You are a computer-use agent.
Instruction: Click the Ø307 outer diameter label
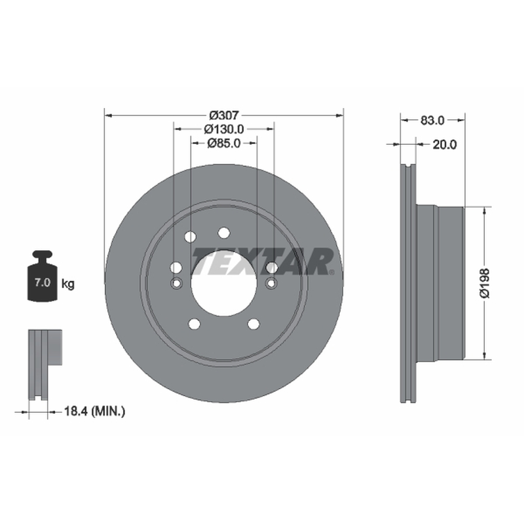pos(224,115)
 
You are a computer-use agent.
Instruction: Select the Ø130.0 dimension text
pos(224,128)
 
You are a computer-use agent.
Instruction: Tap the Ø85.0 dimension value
pos(224,143)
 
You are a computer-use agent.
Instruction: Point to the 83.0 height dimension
pos(432,120)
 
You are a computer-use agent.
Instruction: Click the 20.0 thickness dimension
pos(445,144)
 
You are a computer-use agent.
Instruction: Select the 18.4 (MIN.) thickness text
pos(94,411)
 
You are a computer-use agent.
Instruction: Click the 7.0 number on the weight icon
pos(43,282)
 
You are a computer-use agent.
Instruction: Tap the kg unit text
pos(68,284)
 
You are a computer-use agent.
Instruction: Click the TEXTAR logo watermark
pos(263,261)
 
